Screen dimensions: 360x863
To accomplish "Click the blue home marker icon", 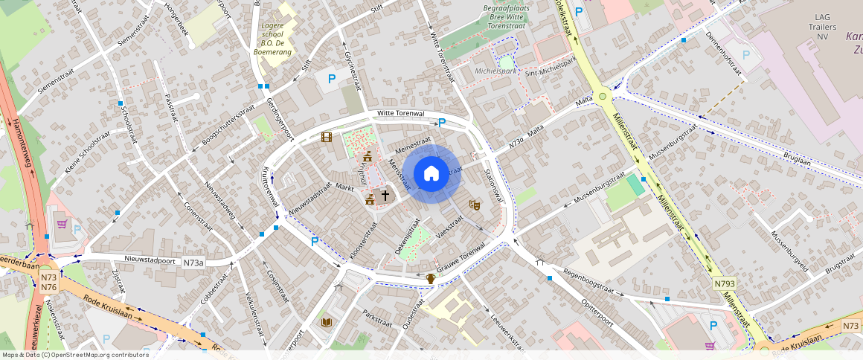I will [x=431, y=174].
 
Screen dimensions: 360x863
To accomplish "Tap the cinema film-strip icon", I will [x=326, y=137].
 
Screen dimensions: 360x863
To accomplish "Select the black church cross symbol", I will [x=385, y=196].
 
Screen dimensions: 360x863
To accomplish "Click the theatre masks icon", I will [x=472, y=205].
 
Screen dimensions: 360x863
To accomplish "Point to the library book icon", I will [x=326, y=322].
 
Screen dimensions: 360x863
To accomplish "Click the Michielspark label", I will [x=495, y=71].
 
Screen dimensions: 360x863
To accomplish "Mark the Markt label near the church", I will [x=344, y=187].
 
